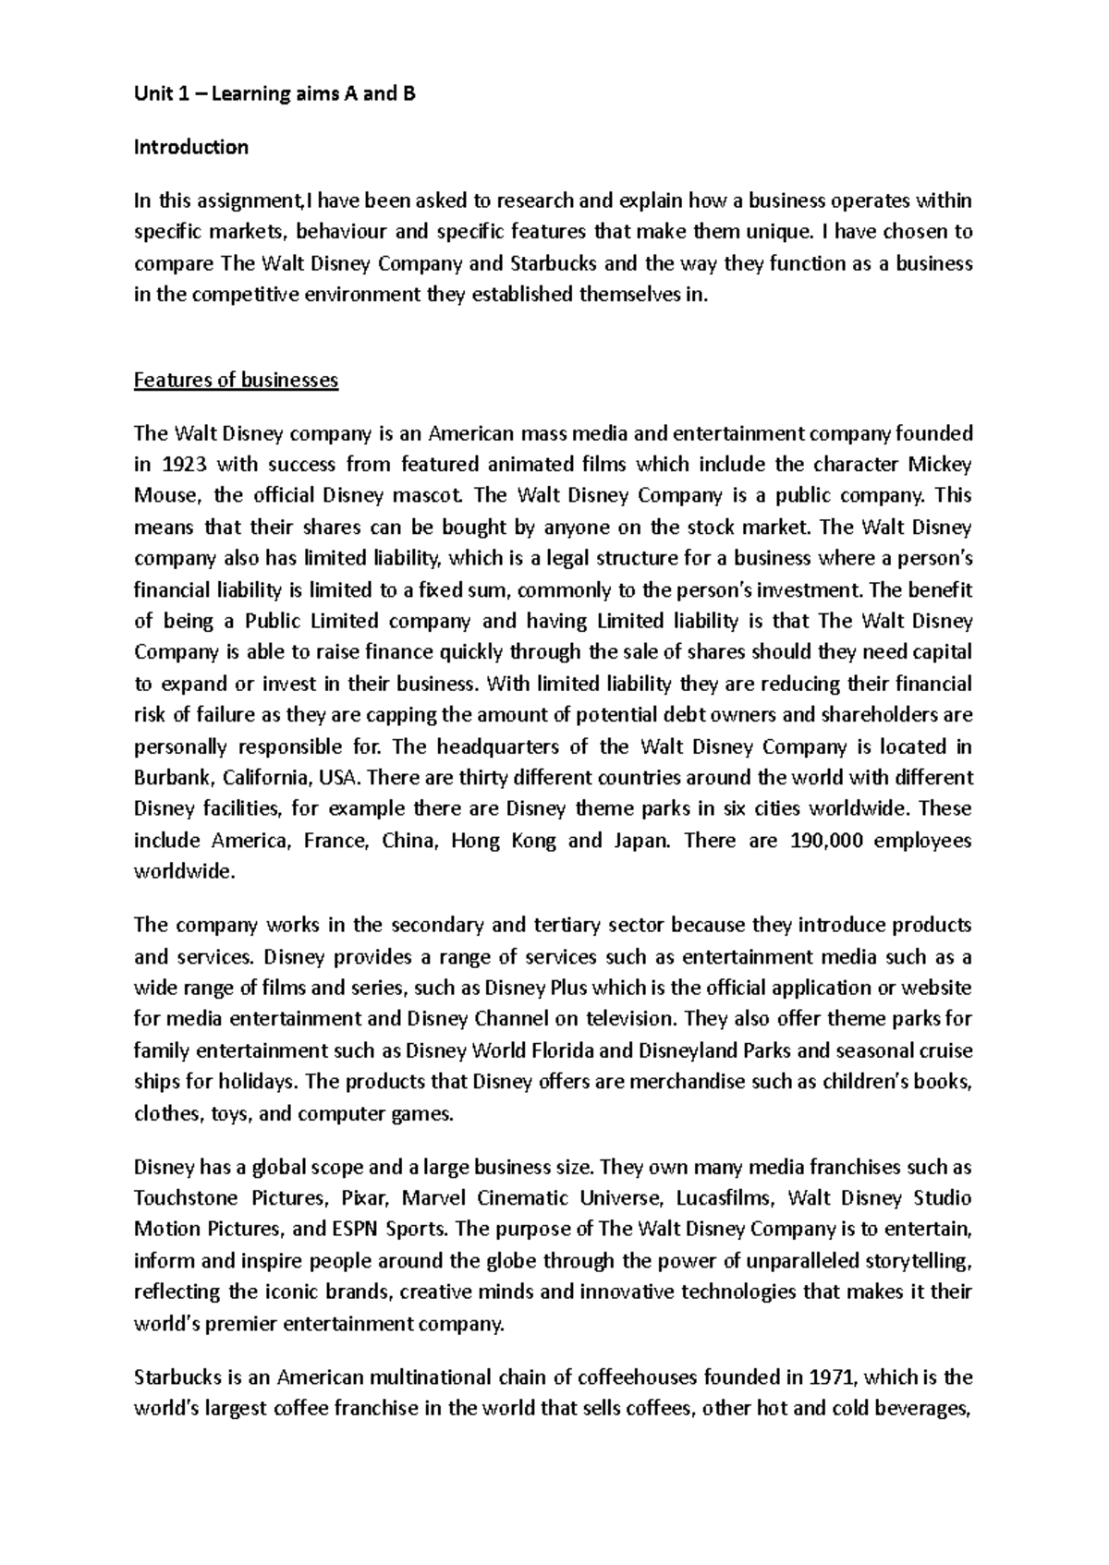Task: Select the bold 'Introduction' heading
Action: [x=191, y=147]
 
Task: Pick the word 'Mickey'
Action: [x=940, y=464]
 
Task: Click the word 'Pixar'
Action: [x=367, y=1198]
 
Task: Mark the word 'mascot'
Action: [x=426, y=495]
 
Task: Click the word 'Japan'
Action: [x=637, y=841]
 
